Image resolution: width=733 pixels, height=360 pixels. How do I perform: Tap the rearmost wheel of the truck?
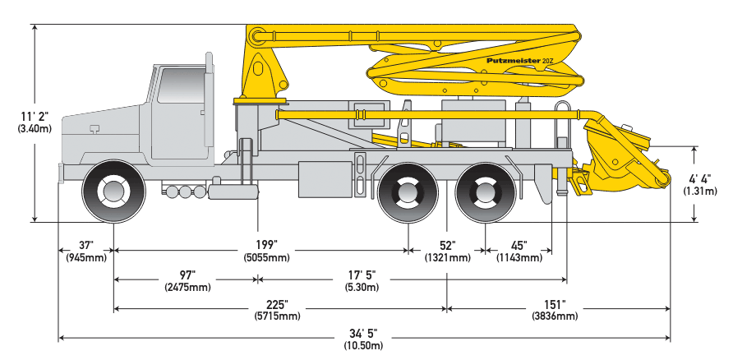pos(486,192)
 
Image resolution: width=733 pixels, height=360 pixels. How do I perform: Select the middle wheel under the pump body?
pos(409,192)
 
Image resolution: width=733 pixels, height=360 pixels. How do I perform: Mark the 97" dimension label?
pos(187,275)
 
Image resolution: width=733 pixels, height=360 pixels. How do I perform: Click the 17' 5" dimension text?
pos(361,275)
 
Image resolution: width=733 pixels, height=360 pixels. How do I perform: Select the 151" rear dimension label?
pos(558,304)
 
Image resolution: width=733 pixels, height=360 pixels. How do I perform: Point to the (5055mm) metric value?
pos(266,258)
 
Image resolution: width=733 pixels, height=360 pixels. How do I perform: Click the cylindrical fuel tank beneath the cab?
pos(233,192)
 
